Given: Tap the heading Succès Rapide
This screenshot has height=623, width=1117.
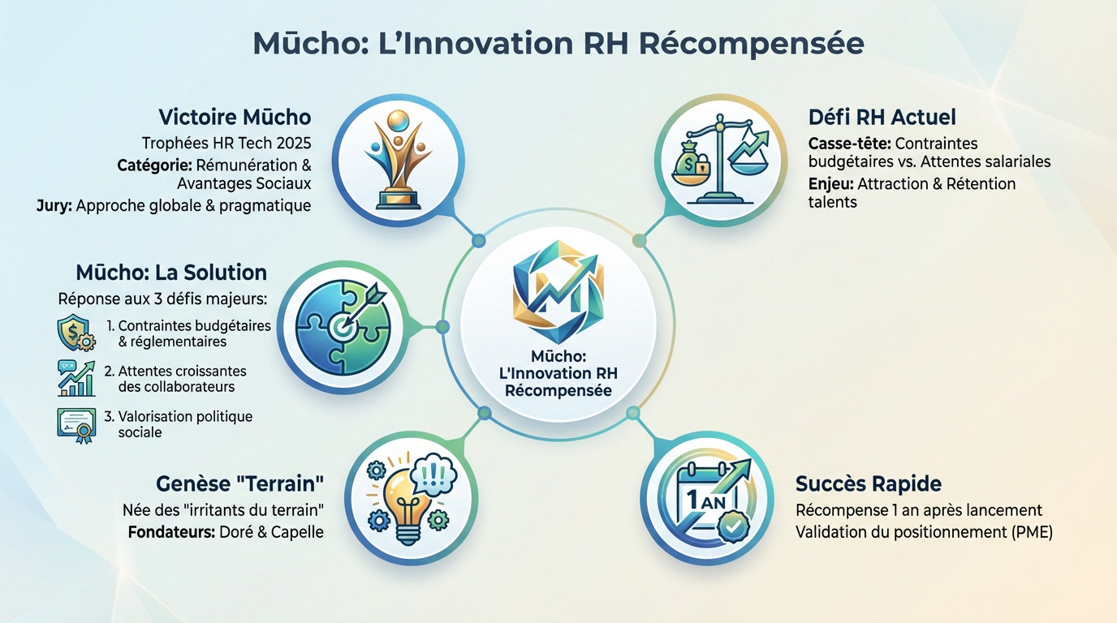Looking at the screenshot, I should coord(869,484).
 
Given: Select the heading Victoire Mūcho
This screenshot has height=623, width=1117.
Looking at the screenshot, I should coord(235,117).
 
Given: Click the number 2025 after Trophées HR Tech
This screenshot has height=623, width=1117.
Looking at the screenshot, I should coord(293,144).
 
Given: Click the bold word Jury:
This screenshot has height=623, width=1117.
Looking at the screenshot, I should coord(54,205).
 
